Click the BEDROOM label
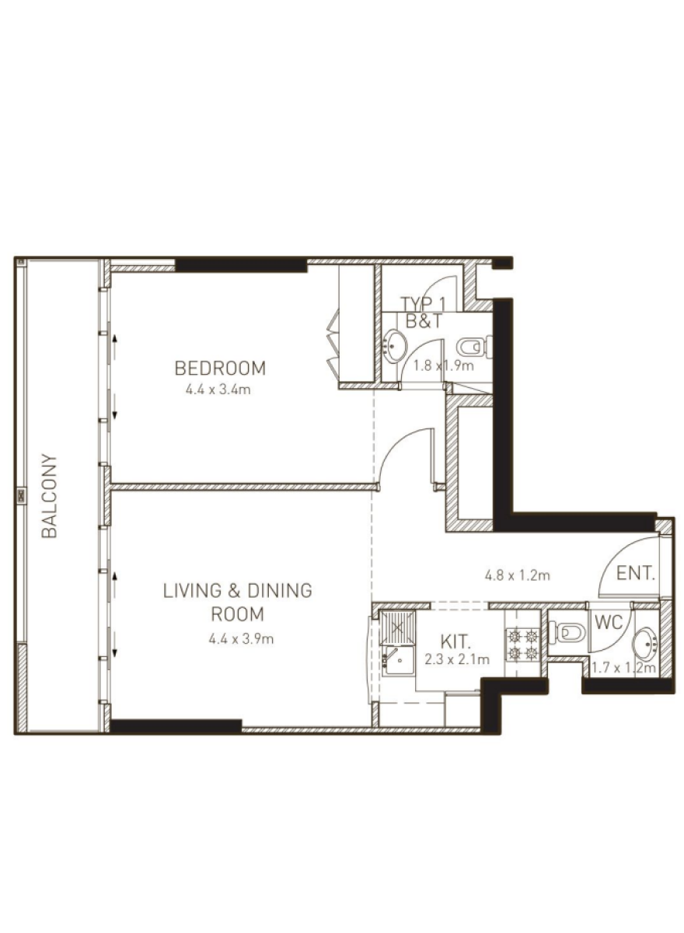(x=220, y=369)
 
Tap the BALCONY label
(x=49, y=496)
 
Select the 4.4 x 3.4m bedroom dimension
(x=218, y=390)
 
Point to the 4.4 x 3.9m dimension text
(x=241, y=638)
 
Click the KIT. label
(x=455, y=642)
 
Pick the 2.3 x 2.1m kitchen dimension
(x=457, y=659)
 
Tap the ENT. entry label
(x=635, y=574)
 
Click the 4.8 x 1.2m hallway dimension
(x=517, y=575)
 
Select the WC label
(x=609, y=622)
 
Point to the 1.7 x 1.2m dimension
(x=624, y=668)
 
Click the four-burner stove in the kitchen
(x=522, y=645)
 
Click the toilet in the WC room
(x=567, y=634)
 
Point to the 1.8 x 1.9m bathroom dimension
(x=443, y=365)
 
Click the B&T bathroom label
(x=424, y=321)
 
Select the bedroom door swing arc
(x=400, y=442)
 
